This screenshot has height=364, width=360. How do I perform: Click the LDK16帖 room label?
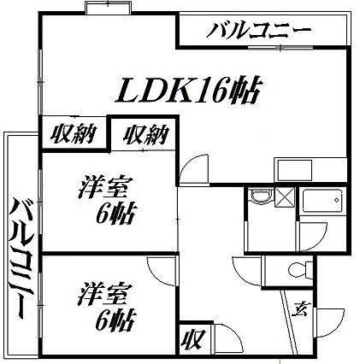187,90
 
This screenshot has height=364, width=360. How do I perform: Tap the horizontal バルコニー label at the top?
258,31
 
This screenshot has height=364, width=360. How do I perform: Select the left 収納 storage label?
73,134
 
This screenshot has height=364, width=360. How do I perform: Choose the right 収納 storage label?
145,134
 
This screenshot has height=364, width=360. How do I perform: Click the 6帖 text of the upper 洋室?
115,214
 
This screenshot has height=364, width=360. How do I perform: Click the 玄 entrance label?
301,308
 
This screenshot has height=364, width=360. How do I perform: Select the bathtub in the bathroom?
322,200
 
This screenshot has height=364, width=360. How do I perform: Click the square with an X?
284,197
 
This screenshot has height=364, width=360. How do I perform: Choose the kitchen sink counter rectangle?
295,170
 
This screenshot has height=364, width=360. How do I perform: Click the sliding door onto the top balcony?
281,48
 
